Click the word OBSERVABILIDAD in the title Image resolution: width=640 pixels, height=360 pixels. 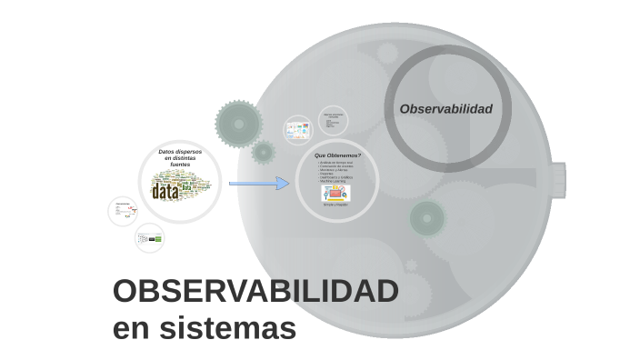(x=255, y=293)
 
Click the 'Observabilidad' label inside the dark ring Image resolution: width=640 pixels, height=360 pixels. (x=445, y=109)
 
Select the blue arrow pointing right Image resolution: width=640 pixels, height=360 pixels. (x=258, y=184)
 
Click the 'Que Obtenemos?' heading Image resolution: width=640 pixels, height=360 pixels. (x=336, y=155)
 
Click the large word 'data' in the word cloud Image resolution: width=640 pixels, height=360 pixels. (x=165, y=193)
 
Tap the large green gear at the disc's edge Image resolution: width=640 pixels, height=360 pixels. (x=238, y=124)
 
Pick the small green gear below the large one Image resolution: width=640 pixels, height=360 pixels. (x=264, y=152)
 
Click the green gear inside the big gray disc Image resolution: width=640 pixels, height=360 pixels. (x=426, y=218)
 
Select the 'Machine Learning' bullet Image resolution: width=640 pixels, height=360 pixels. (x=332, y=181)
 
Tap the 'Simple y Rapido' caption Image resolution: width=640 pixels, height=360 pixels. (x=335, y=205)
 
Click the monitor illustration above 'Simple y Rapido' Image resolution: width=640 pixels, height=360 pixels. (x=335, y=193)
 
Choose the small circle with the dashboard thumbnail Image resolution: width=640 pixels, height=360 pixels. (x=298, y=129)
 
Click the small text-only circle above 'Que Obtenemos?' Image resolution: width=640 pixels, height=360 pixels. (x=333, y=120)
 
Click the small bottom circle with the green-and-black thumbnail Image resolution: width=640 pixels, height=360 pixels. (x=149, y=238)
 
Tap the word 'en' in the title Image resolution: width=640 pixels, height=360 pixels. (x=131, y=327)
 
